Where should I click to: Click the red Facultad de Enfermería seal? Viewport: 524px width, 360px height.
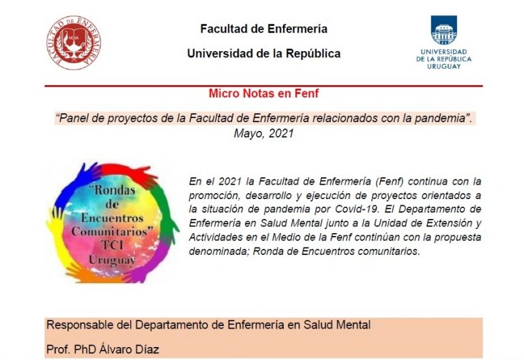74,43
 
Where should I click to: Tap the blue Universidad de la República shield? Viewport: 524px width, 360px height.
443,30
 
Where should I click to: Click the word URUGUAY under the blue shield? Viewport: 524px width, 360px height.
443,66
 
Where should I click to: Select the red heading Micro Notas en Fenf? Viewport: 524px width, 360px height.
263,93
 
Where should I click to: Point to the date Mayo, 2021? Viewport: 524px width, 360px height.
263,133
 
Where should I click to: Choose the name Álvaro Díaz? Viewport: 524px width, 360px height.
129,349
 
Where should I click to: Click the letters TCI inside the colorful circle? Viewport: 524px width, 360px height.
113,245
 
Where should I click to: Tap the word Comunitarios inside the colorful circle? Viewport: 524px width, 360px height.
113,231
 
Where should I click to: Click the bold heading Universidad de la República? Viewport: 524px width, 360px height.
263,53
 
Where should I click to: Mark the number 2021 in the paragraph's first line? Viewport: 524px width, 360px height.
230,181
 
